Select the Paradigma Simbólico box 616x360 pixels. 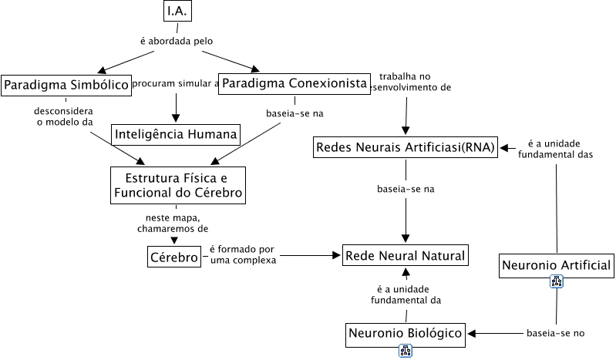click(x=65, y=85)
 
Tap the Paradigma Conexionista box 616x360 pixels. click(x=295, y=83)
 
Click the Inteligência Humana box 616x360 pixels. click(x=176, y=134)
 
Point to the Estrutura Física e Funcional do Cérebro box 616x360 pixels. click(x=178, y=185)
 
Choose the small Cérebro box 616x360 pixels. click(x=173, y=257)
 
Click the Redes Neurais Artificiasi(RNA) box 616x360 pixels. click(x=406, y=147)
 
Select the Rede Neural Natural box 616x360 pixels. click(x=406, y=255)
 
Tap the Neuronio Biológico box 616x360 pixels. click(x=406, y=333)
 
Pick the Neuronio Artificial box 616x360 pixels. click(x=556, y=266)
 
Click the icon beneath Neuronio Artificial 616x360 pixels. click(x=557, y=282)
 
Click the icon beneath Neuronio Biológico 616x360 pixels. click(x=406, y=351)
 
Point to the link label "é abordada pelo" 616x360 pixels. click(x=177, y=41)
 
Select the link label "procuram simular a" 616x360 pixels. click(x=176, y=83)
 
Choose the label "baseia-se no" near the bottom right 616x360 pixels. click(x=556, y=333)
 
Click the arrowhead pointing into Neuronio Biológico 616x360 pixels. click(x=473, y=333)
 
